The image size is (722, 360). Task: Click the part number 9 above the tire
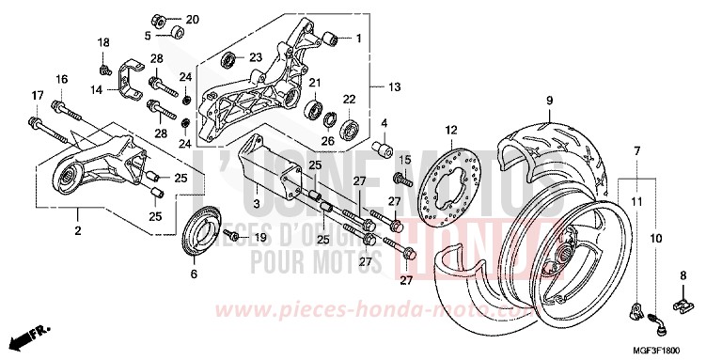(546, 99)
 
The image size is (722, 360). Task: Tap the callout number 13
(394, 87)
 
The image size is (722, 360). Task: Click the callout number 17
(38, 95)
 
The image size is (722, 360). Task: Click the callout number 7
(636, 150)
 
